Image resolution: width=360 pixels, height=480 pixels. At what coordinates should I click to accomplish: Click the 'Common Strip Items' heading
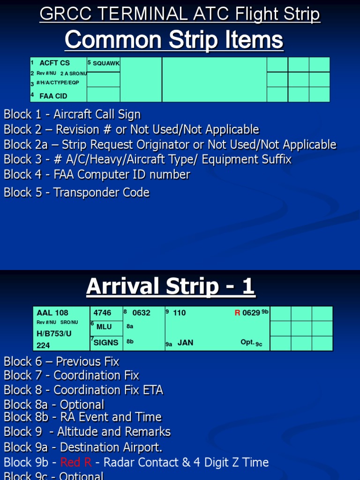point(174,40)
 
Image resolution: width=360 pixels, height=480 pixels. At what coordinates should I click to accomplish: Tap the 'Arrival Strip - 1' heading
point(170,286)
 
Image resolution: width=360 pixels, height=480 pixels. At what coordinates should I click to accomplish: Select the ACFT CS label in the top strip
point(54,63)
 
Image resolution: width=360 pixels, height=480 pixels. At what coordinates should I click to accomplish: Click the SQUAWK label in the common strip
point(106,63)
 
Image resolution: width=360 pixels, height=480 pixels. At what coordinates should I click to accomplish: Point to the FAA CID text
point(53,96)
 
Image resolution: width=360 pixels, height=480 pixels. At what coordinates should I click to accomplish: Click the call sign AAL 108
point(52,313)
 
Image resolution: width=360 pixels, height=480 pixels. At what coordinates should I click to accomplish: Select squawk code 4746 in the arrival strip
point(103,313)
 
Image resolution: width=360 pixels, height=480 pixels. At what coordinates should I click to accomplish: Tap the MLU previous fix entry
point(104,327)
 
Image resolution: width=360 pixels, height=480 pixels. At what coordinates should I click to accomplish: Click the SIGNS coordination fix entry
point(106,343)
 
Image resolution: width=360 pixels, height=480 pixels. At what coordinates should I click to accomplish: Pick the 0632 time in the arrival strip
point(141,313)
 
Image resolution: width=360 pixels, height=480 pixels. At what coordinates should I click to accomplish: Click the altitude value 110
point(180,313)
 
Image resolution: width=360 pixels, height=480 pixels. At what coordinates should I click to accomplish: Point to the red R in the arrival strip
point(237,313)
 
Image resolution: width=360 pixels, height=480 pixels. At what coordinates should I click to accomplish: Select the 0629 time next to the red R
point(251,313)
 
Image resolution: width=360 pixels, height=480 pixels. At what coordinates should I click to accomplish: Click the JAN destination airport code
point(185,343)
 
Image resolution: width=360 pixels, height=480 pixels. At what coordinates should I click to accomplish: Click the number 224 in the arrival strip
point(43,345)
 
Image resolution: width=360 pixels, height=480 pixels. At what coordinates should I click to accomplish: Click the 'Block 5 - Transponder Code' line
point(76,192)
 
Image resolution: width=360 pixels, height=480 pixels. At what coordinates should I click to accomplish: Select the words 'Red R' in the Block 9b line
point(76,463)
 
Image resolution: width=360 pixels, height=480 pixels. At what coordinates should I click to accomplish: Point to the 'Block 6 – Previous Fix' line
point(61,361)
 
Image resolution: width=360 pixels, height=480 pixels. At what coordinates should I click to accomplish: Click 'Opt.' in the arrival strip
point(247,342)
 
